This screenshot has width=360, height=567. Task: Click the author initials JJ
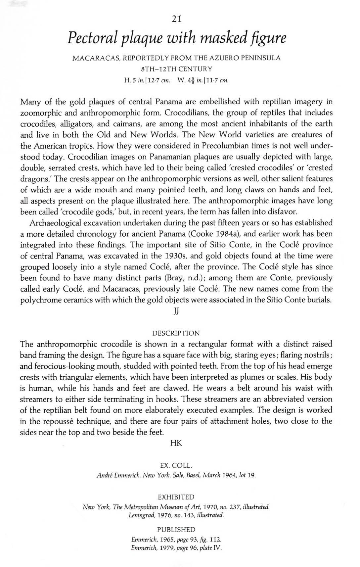[x=176, y=312]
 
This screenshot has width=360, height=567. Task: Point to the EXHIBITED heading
[x=176, y=497]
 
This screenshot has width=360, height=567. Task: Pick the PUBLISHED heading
[x=176, y=530]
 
